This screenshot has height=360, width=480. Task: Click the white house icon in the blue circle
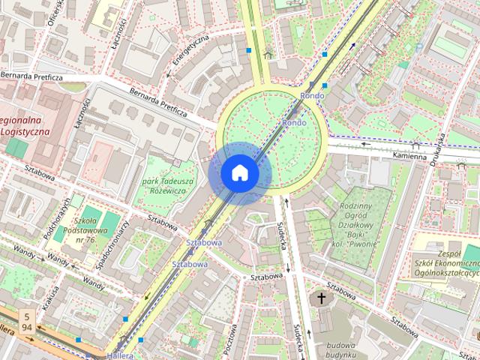coord(239,173)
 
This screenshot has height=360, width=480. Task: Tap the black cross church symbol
coord(322,298)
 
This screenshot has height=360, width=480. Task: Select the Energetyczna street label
coord(187,54)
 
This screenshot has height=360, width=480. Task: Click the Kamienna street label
coord(410,155)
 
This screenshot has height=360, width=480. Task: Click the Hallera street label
coord(119,355)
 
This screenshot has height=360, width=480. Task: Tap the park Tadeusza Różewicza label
coord(169,187)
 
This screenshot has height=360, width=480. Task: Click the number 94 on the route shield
coord(27,328)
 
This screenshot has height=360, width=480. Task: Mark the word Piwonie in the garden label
coord(364,244)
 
